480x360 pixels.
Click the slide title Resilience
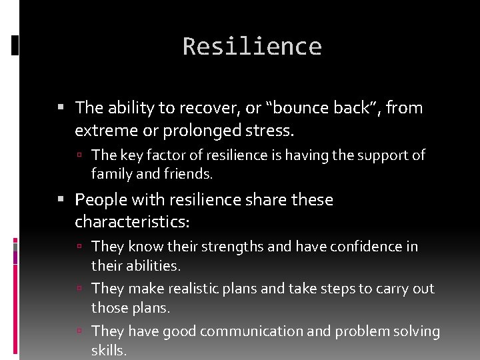tap(252, 47)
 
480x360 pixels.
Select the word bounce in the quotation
tap(299, 107)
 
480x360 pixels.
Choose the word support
tap(383, 155)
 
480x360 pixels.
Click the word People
tap(100, 200)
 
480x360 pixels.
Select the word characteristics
tap(133, 220)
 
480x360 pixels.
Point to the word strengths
tap(232, 247)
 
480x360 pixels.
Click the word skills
tap(109, 351)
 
